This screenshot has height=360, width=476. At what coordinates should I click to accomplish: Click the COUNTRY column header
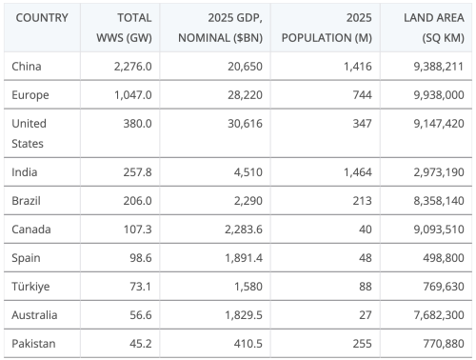click(42, 18)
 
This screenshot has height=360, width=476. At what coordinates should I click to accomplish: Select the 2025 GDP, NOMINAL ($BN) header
click(225, 28)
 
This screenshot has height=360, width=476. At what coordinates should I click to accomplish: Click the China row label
click(27, 67)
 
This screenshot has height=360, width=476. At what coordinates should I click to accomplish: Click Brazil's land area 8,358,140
click(434, 202)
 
